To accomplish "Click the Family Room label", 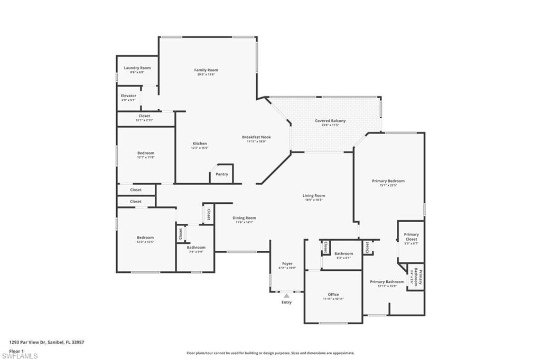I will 206,70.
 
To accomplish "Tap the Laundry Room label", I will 137,68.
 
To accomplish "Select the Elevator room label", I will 128,96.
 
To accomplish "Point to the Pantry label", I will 222,174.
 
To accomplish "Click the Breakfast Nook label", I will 257,137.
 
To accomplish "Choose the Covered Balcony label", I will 330,121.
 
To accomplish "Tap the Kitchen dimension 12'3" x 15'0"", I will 200,148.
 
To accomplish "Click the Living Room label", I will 314,196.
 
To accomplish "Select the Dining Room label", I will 244,218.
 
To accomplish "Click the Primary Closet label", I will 411,236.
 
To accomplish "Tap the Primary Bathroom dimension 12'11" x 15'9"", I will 387,286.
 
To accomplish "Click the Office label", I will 333,295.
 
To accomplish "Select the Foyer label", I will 287,263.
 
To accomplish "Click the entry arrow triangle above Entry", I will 286,296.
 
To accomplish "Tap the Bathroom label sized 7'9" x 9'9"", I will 196,248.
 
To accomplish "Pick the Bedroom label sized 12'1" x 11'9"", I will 146,153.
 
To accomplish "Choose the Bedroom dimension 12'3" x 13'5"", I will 145,242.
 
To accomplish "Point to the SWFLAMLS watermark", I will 20,356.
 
